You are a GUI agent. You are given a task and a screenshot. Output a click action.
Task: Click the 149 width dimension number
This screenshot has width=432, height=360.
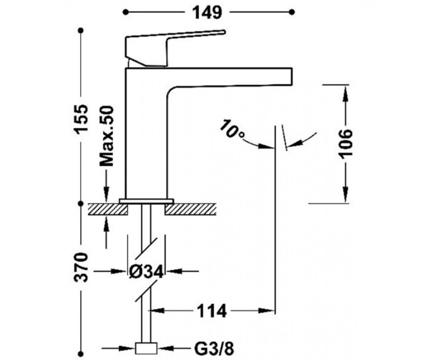tap(207, 13)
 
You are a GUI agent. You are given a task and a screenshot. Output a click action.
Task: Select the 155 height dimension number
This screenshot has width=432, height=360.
tap(81, 120)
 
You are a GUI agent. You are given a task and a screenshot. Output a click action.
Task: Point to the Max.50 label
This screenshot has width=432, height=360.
tap(107, 136)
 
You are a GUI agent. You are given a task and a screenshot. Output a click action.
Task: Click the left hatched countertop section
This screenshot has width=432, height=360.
tap(107, 209)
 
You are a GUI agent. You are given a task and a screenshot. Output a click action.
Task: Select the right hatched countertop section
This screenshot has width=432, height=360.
tap(190, 209)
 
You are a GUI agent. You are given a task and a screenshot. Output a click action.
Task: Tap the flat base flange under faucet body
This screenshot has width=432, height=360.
tap(147, 201)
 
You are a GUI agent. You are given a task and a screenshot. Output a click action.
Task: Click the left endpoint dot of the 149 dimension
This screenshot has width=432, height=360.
tap(125, 12)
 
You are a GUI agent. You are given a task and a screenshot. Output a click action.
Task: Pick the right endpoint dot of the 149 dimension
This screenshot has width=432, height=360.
tap(292, 12)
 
